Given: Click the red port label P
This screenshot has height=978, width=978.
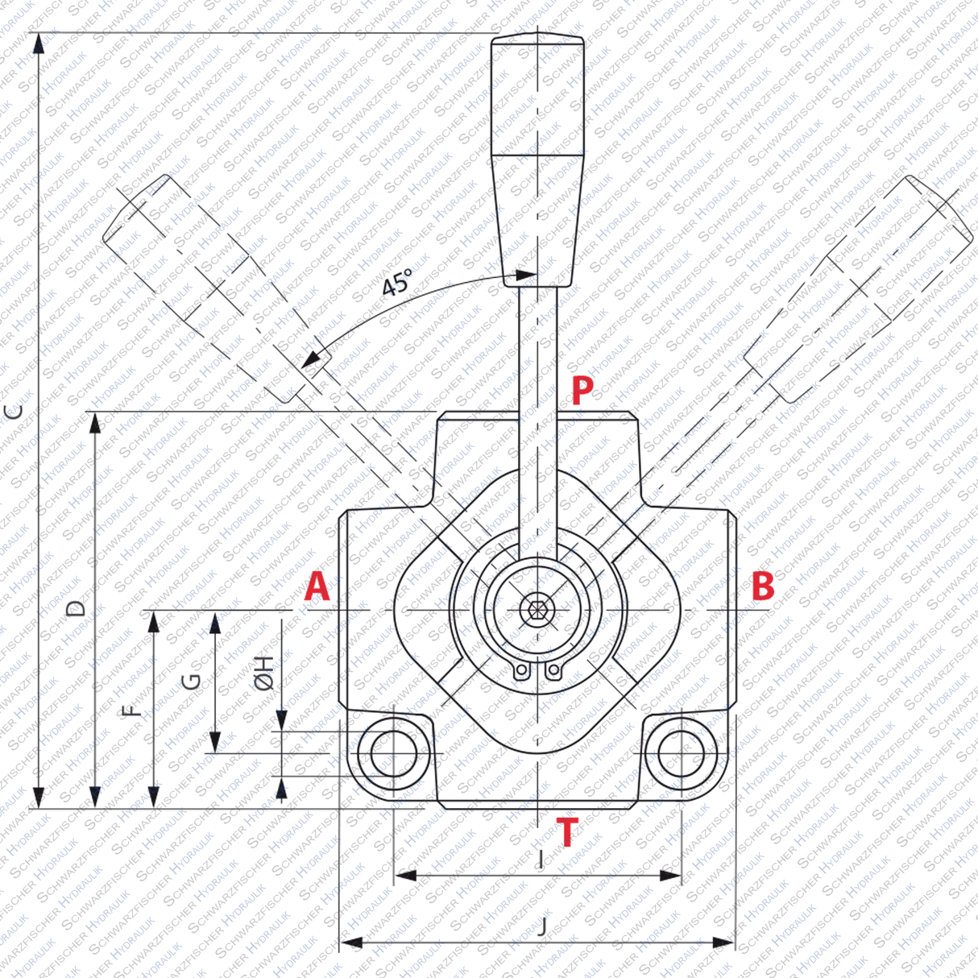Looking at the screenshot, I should [582, 390].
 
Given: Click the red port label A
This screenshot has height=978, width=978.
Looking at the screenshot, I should [317, 587].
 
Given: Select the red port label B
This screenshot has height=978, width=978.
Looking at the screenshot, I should [762, 586].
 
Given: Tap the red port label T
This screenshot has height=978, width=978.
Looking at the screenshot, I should [568, 831].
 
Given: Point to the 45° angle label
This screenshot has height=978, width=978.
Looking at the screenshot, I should [397, 283].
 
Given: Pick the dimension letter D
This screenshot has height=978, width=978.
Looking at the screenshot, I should [76, 608].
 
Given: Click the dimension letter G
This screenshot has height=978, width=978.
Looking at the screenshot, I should [192, 682].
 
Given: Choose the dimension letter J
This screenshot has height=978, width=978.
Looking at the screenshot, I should [542, 926].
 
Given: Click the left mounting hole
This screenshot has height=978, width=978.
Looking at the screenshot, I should [393, 754].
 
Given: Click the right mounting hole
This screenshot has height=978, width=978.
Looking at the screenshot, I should [682, 753].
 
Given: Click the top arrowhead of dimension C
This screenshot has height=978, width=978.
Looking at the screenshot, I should [37, 42].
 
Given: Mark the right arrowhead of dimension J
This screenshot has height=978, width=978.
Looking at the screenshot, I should [725, 943].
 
